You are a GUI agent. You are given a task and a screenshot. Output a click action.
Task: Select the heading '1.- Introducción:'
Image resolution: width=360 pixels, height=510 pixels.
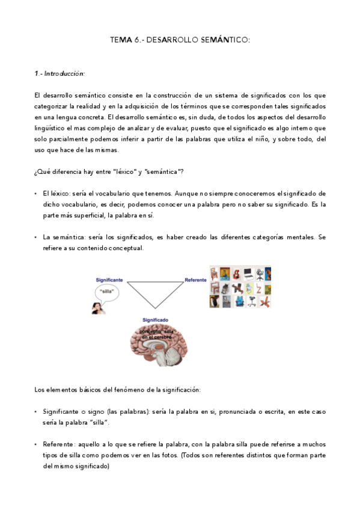click(x=59, y=73)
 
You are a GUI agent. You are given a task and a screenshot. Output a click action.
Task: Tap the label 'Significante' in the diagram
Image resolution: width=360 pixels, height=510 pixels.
click(x=109, y=280)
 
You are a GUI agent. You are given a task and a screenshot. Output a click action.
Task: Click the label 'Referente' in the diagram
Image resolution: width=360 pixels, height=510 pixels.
click(x=195, y=280)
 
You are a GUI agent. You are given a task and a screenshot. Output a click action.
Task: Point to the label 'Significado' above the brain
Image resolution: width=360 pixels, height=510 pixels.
click(x=155, y=319)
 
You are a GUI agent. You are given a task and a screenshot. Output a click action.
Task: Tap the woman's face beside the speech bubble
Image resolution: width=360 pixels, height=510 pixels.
click(x=96, y=308)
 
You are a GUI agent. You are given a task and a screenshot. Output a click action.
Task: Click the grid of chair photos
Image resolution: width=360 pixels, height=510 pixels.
click(x=239, y=287)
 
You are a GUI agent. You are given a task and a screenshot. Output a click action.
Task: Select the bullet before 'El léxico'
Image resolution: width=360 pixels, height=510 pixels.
click(x=37, y=194)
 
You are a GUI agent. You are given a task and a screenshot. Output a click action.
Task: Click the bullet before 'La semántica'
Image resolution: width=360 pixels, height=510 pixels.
click(x=37, y=238)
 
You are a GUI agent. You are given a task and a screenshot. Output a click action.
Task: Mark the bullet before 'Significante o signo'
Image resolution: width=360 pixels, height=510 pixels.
click(x=37, y=412)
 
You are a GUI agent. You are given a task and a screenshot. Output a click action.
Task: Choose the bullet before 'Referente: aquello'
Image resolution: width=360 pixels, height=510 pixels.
click(x=37, y=444)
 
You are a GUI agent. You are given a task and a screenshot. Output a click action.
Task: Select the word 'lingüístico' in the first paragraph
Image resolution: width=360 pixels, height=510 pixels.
click(x=50, y=127)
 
